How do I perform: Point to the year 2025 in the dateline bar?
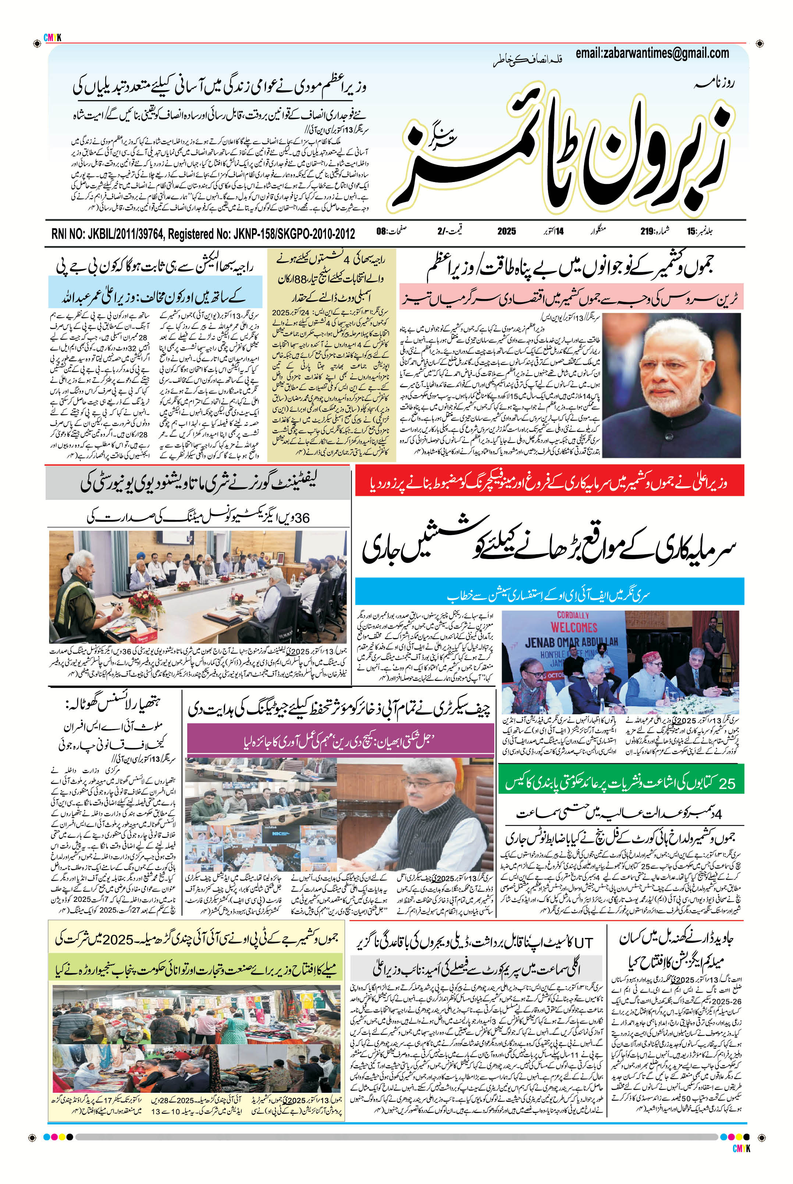(506, 232)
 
